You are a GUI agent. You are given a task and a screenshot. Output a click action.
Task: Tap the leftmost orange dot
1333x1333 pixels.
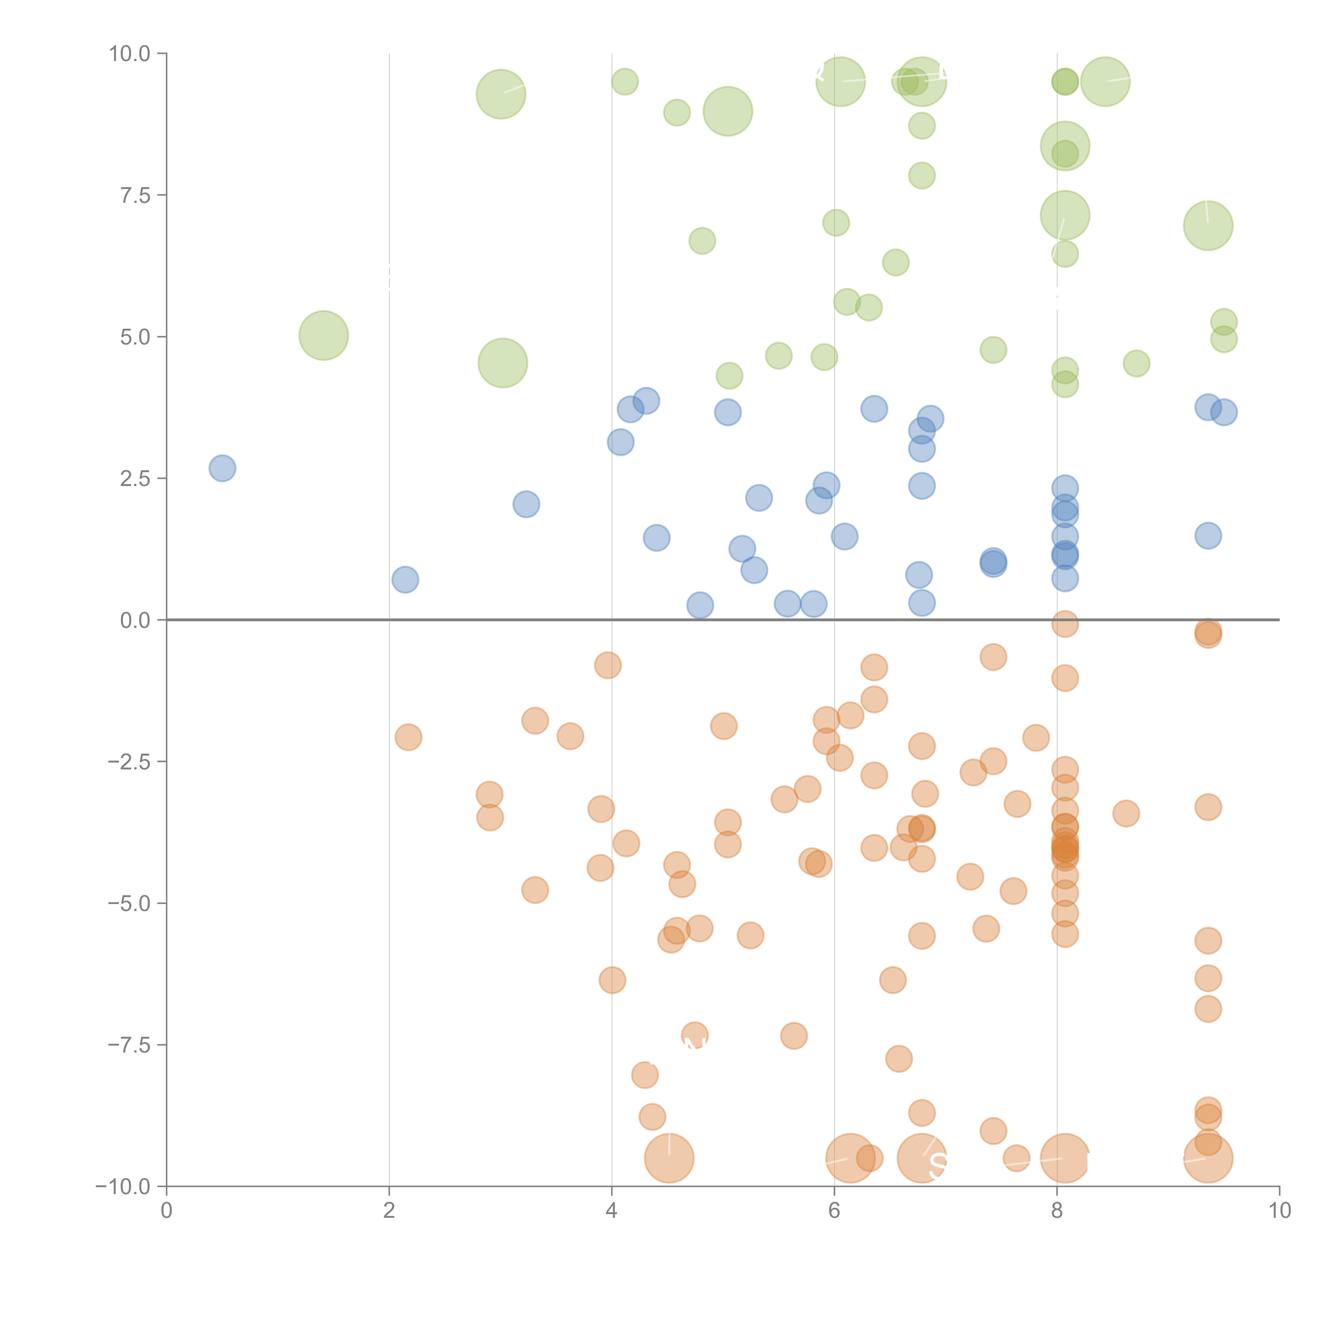pyautogui.click(x=408, y=737)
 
